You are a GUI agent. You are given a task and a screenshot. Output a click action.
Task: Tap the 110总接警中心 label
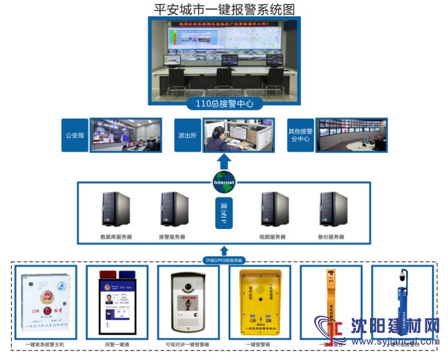click(x=224, y=103)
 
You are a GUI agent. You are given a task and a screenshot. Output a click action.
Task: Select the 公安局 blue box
click(x=75, y=135)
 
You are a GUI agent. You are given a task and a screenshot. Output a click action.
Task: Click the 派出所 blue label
click(x=188, y=135)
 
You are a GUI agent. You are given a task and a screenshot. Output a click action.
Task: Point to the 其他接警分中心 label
click(x=300, y=135)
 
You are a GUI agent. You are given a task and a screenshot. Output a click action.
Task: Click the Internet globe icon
click(x=224, y=181)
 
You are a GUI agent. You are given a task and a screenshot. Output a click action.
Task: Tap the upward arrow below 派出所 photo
click(x=224, y=161)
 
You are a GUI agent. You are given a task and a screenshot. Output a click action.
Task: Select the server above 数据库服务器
click(x=116, y=210)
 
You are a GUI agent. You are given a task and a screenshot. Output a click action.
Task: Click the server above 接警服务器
click(x=174, y=209)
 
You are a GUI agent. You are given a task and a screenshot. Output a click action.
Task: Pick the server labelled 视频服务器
click(x=273, y=209)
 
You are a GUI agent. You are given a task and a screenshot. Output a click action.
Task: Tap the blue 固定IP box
click(x=224, y=214)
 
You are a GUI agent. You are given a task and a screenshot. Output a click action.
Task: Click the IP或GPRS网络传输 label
click(x=224, y=260)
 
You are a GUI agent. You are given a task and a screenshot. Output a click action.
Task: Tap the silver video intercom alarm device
click(x=188, y=303)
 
